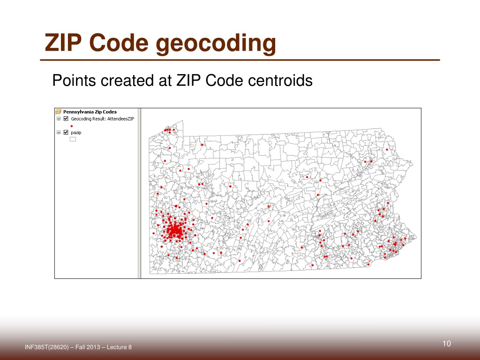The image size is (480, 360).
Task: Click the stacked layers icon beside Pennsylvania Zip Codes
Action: (x=59, y=112)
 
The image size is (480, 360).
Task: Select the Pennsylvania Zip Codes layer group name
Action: (x=90, y=112)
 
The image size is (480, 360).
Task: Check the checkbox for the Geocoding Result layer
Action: (x=66, y=119)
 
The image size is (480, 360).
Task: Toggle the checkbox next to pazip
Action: (x=66, y=133)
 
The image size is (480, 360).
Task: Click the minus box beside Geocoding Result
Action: (x=59, y=119)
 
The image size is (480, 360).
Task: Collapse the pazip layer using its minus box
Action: (x=59, y=133)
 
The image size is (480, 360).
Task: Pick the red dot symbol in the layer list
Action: (x=72, y=126)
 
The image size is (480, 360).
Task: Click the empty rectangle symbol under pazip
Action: (x=73, y=139)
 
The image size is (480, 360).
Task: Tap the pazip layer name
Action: (x=76, y=133)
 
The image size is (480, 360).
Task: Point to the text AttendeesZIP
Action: (x=121, y=119)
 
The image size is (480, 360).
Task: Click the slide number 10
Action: (x=446, y=345)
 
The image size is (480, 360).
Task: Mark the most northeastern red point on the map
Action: (x=387, y=150)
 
